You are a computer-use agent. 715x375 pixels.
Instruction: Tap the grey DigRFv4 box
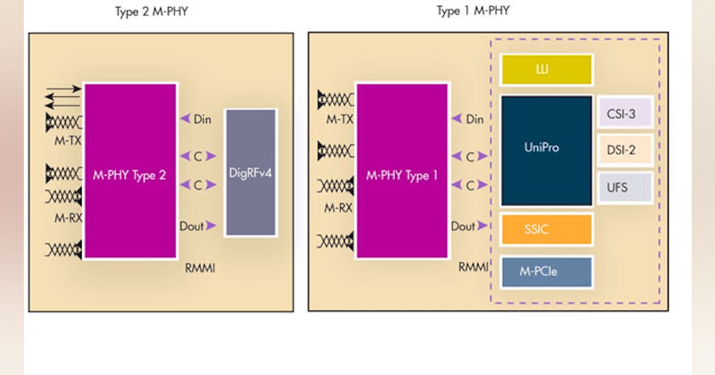pos(250,173)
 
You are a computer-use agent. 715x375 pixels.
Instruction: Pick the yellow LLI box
pos(546,70)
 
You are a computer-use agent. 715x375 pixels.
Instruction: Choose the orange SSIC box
pos(546,230)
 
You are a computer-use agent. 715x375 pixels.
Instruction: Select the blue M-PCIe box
pos(546,272)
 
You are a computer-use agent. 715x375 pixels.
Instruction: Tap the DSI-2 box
pos(624,150)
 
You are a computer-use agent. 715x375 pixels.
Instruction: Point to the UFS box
pos(624,188)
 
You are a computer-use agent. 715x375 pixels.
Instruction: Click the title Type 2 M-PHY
pos(151,12)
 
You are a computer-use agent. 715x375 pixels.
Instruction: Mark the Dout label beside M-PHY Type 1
pos(463,226)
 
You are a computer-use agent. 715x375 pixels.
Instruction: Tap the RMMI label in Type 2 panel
pos(200,268)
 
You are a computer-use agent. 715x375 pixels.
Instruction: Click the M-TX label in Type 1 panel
pos(340,120)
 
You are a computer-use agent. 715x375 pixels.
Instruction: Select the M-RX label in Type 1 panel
pos(340,208)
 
